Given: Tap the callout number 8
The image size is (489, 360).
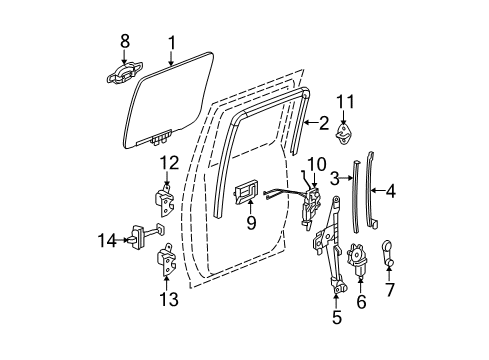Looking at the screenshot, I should [x=124, y=43].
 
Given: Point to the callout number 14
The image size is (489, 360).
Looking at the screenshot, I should [x=100, y=238].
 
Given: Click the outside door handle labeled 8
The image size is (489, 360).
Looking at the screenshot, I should [x=124, y=73].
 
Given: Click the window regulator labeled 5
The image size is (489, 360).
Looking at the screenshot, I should [x=331, y=250].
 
